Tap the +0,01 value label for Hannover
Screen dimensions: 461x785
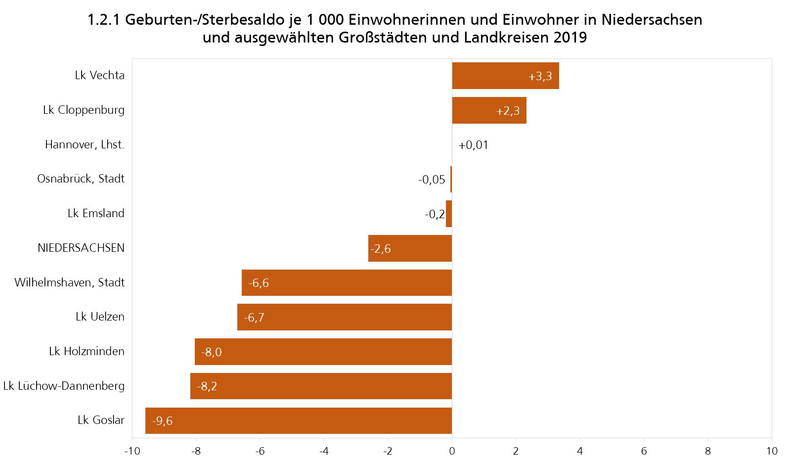click(473, 145)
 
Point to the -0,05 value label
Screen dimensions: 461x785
click(432, 180)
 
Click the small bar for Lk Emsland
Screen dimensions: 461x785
click(449, 214)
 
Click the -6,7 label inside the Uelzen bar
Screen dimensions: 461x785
click(254, 318)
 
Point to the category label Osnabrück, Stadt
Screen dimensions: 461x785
click(81, 179)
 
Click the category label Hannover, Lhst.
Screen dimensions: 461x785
click(85, 144)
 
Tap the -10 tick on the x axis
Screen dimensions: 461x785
click(132, 451)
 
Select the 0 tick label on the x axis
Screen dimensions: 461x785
click(452, 451)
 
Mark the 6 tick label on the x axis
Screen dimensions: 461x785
click(644, 451)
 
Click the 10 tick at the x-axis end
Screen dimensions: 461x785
click(771, 451)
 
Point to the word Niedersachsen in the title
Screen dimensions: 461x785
click(652, 20)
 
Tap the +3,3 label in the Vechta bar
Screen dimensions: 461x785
click(540, 77)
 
